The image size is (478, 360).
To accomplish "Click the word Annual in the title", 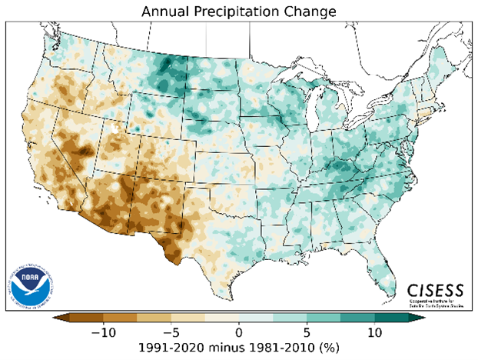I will tap(164, 12).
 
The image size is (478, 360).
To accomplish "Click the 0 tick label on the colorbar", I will tap(239, 332).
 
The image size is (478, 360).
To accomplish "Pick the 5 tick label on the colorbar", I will tap(307, 332).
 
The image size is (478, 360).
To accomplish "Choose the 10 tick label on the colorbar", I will tap(375, 332).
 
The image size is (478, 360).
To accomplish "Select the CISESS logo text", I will tap(436, 290).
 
